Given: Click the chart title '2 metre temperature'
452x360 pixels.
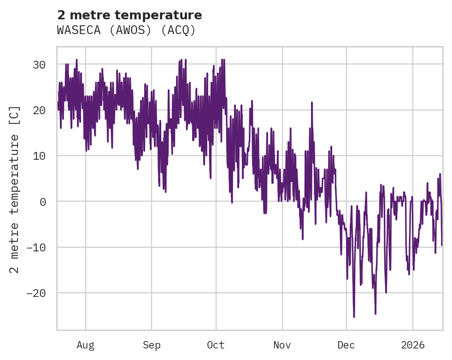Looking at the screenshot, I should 129,15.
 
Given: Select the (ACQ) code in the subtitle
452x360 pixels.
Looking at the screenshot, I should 179,30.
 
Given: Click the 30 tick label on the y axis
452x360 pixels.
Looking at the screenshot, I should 39,65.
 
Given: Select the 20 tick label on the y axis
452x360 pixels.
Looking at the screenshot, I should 39,110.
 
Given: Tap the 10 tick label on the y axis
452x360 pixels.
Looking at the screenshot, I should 39,156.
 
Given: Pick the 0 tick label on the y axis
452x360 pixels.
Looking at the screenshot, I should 42,202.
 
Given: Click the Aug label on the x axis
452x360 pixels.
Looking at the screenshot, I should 85,345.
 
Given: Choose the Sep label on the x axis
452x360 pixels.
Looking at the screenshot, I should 152,345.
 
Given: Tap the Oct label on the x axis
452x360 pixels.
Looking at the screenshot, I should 216,345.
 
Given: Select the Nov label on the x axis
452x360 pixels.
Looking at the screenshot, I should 282,345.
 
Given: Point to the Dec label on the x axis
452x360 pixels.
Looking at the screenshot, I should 346,345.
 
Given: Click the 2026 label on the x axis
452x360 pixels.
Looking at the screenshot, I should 413,345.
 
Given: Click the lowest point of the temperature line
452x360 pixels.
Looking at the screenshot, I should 354,317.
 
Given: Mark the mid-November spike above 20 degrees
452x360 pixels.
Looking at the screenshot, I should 312,102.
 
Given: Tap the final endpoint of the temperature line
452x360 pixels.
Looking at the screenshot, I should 442,245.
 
